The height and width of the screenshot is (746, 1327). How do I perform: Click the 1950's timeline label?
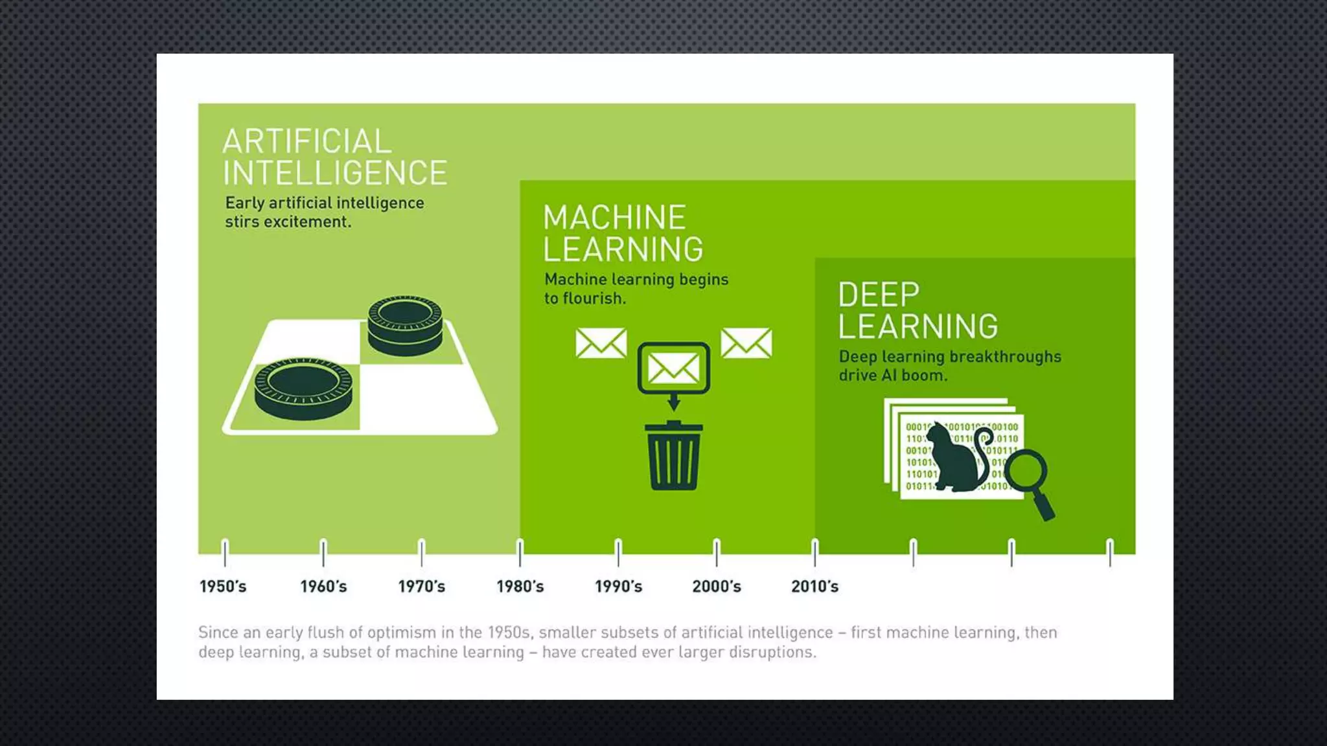(x=223, y=587)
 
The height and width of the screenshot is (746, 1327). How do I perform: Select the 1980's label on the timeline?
(x=520, y=587)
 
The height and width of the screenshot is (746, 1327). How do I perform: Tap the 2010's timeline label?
(x=814, y=587)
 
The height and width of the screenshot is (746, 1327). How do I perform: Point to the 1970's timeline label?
(x=421, y=587)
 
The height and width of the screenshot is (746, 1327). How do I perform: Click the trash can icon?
(x=674, y=457)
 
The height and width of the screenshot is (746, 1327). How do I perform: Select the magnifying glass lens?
(x=1026, y=471)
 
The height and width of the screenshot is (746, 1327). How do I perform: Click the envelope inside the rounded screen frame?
(x=674, y=368)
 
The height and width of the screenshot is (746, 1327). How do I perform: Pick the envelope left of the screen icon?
(x=601, y=343)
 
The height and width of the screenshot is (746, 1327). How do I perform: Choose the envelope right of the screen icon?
(x=746, y=343)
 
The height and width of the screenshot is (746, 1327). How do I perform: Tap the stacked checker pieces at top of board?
(x=405, y=326)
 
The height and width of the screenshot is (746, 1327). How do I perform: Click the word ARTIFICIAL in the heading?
(x=307, y=142)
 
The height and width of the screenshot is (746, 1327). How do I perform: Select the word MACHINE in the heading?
(x=614, y=218)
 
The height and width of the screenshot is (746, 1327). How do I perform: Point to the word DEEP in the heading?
(x=879, y=295)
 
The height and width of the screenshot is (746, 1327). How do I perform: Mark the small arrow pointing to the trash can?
(x=674, y=403)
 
